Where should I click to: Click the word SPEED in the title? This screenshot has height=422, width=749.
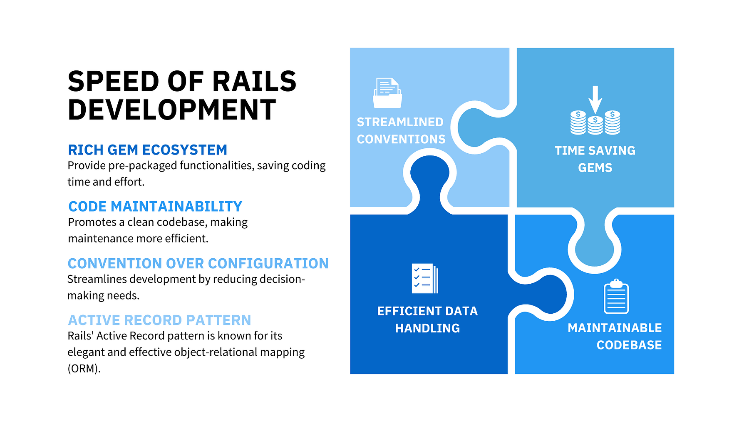114,81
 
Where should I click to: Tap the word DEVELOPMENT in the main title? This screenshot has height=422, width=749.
172,110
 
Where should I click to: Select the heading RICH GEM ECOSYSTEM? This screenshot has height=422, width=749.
148,150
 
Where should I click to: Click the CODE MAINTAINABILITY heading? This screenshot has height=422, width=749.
155,207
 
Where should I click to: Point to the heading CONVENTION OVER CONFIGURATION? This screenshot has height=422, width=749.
198,264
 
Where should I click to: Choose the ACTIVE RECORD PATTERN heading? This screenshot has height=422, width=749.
159,320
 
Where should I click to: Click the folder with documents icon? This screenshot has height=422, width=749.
387,93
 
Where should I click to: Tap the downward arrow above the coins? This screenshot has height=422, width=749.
595,100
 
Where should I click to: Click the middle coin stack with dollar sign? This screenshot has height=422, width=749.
595,125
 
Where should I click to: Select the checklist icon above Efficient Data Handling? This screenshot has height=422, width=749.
425,278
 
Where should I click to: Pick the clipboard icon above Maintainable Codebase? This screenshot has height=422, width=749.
616,296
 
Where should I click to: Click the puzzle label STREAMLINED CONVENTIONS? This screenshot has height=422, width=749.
401,131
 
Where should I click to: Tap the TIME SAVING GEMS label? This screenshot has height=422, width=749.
595,159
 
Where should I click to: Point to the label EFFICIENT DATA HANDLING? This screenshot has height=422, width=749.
427,320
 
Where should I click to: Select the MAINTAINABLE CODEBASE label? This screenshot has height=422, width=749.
615,337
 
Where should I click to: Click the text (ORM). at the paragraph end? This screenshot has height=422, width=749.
84,369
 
